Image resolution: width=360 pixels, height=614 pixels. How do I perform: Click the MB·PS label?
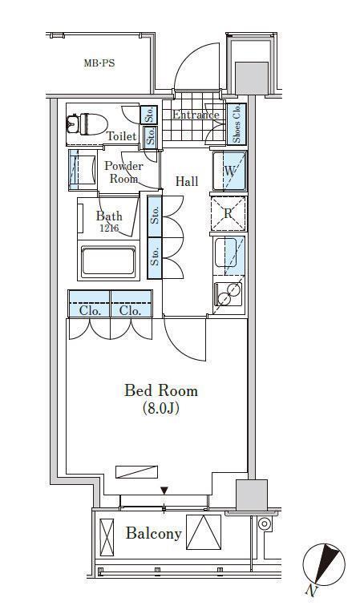(99, 63)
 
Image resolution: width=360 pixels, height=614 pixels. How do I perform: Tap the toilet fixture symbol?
(87, 123)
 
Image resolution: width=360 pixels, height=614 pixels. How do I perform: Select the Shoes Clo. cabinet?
(237, 124)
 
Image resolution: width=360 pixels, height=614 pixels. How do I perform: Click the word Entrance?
(196, 115)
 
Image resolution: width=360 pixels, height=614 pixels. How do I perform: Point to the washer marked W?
(229, 171)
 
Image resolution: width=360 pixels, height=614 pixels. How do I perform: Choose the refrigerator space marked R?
(229, 213)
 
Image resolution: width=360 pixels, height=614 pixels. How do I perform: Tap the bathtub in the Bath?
(108, 260)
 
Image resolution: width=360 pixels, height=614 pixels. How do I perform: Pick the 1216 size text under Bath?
(108, 228)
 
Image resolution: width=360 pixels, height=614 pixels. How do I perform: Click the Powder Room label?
(123, 172)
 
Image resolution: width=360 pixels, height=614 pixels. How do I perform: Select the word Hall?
(187, 181)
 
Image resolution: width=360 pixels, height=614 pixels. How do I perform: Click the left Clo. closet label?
(90, 311)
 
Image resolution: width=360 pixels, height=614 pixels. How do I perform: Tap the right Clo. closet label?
(130, 311)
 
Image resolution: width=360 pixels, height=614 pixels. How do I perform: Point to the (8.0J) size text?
(161, 409)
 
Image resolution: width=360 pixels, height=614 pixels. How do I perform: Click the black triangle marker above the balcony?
(164, 491)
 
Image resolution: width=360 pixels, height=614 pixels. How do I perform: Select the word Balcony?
(154, 534)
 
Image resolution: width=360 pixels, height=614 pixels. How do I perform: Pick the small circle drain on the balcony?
(265, 523)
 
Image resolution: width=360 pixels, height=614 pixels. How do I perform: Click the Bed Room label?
(161, 390)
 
